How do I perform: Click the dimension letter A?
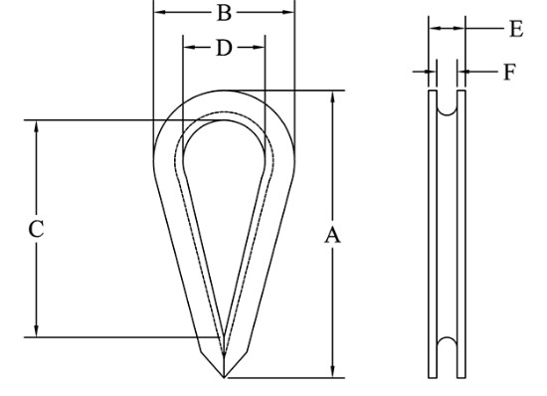[x=332, y=235]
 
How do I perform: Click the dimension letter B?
[x=224, y=13]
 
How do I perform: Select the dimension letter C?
[x=36, y=229]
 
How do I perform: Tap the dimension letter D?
[x=224, y=48]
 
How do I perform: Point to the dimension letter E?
[x=516, y=29]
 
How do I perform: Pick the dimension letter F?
[x=509, y=72]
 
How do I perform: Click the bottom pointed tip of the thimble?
[x=224, y=377]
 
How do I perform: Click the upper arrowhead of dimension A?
[x=332, y=98]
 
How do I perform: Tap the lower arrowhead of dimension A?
[x=332, y=371]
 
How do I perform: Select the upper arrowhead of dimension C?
[x=36, y=126]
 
